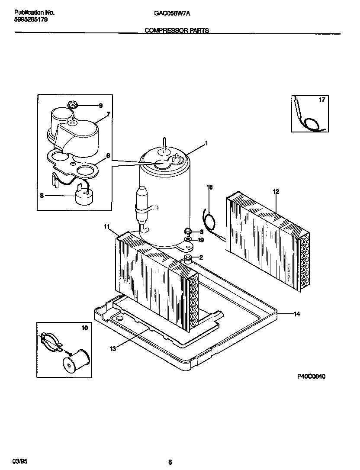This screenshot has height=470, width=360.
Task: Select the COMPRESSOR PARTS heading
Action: [177, 31]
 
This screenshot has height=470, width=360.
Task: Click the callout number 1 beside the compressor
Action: [206, 143]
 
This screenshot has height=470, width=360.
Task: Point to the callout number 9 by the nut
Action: [100, 105]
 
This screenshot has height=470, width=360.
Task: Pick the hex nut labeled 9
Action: [72, 104]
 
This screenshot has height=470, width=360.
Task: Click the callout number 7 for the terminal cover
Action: [108, 115]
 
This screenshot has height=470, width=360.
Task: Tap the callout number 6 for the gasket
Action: [108, 155]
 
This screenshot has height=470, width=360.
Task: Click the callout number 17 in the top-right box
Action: [321, 100]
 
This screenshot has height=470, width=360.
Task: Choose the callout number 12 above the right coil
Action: [276, 191]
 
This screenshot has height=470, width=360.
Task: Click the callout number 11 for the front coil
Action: [107, 226]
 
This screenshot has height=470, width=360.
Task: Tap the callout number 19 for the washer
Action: [200, 240]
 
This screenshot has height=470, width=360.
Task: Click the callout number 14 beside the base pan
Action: [296, 314]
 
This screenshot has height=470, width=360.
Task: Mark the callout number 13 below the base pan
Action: [113, 348]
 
